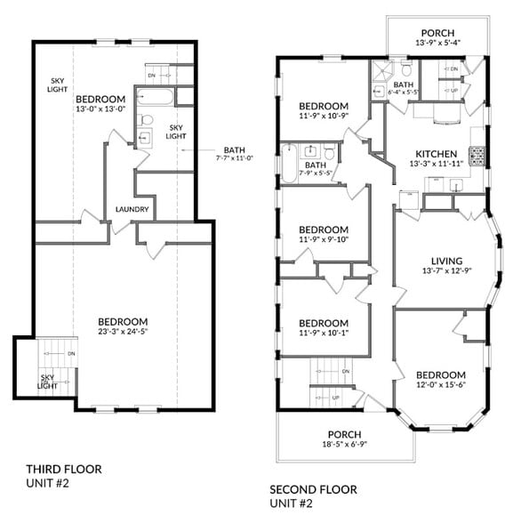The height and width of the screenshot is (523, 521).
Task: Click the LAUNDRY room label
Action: pos(132,210)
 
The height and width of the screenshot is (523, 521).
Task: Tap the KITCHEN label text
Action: pos(434,153)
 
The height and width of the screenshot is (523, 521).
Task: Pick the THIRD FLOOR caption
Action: pos(64,469)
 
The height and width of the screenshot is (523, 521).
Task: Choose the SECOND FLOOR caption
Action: pos(314,489)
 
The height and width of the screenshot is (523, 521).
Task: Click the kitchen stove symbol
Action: pos(477,157)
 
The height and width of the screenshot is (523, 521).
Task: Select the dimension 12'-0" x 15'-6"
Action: pos(441,386)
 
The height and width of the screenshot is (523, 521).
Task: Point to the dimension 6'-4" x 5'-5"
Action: pos(400,92)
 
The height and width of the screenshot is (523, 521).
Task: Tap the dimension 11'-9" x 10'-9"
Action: pos(324,115)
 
